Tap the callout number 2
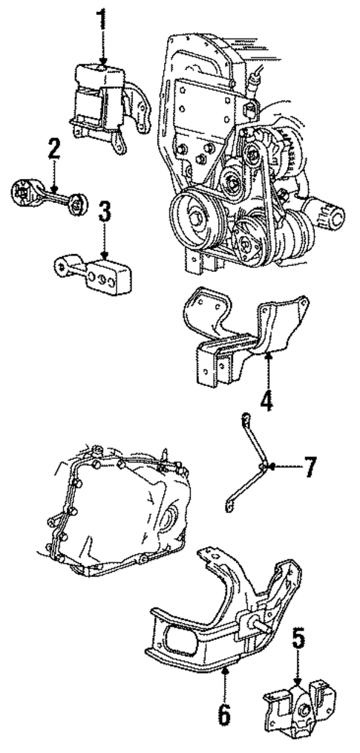(x=53, y=149)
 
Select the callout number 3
(x=105, y=212)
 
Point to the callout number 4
(x=266, y=400)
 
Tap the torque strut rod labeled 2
(x=48, y=197)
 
